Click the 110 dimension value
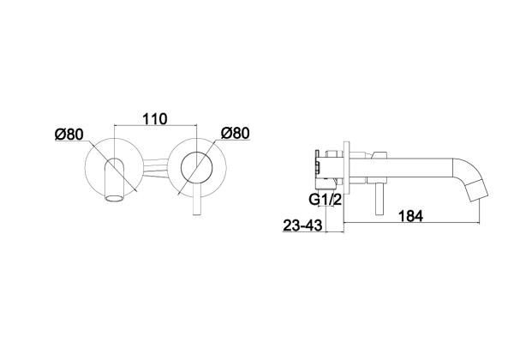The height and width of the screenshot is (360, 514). pos(155,118)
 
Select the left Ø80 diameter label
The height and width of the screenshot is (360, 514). pos(69,135)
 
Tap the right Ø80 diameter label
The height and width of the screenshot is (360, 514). pos(236,133)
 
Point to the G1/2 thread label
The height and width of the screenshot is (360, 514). pos(326,200)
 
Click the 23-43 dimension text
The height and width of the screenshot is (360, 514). pos(302,225)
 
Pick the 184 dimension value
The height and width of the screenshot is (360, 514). pos(410,216)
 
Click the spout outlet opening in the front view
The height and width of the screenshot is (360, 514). pos(115,198)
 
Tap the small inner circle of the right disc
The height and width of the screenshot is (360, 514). pos(196,167)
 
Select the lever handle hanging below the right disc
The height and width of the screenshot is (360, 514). pos(196,200)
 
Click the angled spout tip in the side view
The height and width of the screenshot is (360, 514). pos(478,191)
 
